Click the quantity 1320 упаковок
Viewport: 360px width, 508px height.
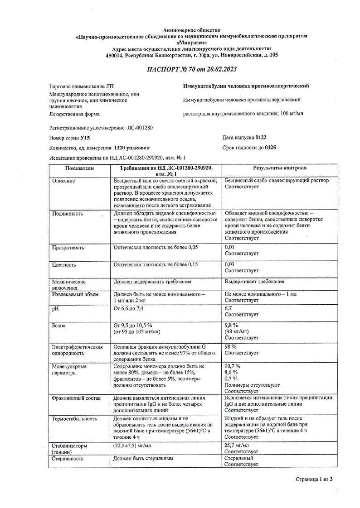(131, 148)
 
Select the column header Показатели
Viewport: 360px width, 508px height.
(79, 168)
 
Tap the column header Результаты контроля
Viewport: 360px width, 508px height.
(280, 168)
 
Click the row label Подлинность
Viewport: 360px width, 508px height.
(67, 213)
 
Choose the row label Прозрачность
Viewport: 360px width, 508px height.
(68, 248)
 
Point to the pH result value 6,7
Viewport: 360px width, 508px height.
(229, 308)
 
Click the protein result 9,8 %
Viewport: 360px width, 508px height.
(232, 325)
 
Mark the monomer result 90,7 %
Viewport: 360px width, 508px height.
(233, 366)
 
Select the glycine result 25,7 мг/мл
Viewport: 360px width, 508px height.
(237, 446)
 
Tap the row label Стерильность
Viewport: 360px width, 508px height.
(68, 458)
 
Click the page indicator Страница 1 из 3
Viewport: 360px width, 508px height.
(314, 479)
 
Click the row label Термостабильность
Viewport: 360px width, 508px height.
(74, 419)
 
